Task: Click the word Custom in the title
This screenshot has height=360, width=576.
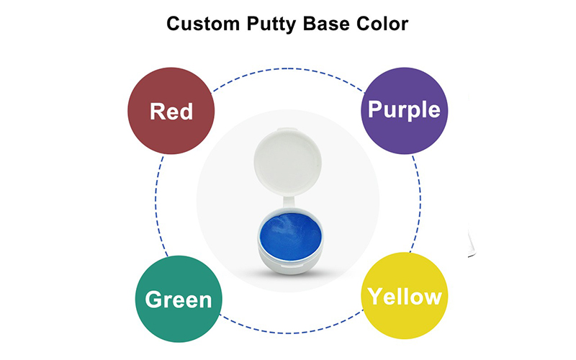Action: pos(203,24)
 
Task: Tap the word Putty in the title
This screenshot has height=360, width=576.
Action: pos(271,24)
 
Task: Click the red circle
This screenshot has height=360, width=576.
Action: pos(171,111)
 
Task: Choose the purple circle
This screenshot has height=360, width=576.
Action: pos(405,111)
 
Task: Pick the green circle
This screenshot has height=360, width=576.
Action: pos(179,299)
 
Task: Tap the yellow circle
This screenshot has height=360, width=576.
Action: pos(405,296)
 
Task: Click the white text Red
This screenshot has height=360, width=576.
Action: pos(171,111)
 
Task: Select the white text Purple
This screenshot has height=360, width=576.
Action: pos(404,109)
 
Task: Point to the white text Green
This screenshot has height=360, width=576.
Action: pos(179,300)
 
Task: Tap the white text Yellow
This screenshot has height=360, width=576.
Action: pos(405,296)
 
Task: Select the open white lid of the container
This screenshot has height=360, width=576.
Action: pos(288,162)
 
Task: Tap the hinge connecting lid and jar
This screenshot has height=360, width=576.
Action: pos(289,203)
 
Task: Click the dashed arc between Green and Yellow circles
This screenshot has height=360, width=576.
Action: pos(290,333)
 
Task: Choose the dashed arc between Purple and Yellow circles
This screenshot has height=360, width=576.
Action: pos(420,202)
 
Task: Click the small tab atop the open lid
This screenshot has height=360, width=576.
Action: pos(287,130)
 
